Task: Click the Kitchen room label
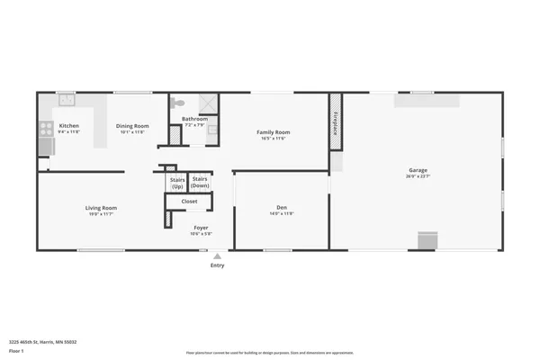pyautogui.click(x=69, y=125)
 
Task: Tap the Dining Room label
pyautogui.click(x=132, y=125)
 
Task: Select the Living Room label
pyautogui.click(x=101, y=208)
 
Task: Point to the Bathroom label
pyautogui.click(x=194, y=119)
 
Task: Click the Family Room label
pyautogui.click(x=273, y=132)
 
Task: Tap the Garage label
pyautogui.click(x=418, y=170)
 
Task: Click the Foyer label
pyautogui.click(x=201, y=228)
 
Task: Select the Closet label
pyautogui.click(x=189, y=202)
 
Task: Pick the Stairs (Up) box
pyautogui.click(x=176, y=182)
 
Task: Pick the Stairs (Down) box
pyautogui.click(x=200, y=182)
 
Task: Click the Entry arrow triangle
pyautogui.click(x=217, y=256)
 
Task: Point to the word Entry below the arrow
pyautogui.click(x=217, y=265)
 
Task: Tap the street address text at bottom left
pyautogui.click(x=42, y=341)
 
